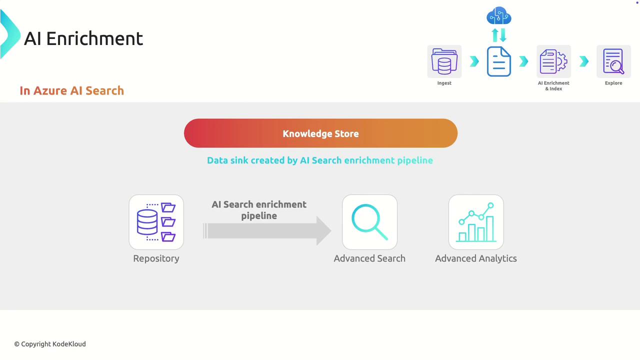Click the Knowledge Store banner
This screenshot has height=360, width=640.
tap(320, 133)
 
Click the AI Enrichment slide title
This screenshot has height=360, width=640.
tap(83, 38)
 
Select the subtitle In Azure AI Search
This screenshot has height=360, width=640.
tap(71, 90)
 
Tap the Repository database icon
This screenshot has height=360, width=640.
tap(156, 222)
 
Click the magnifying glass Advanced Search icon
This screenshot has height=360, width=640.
tap(369, 222)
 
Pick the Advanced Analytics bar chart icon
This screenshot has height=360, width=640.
tap(475, 222)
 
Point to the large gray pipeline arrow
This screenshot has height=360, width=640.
tap(267, 231)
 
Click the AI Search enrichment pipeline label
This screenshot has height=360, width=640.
tap(259, 210)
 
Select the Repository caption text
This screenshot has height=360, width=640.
tap(156, 258)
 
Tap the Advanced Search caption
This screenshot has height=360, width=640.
tap(369, 258)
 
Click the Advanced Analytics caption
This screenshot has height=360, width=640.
tap(475, 258)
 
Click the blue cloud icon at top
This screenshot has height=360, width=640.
tap(498, 16)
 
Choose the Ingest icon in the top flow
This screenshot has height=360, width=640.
tap(444, 61)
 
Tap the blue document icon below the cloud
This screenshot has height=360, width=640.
tap(498, 61)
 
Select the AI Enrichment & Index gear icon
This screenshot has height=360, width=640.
tap(553, 61)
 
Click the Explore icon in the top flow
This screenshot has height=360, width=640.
tap(613, 61)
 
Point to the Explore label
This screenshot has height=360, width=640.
tap(613, 83)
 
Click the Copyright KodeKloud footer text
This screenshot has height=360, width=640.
tap(50, 344)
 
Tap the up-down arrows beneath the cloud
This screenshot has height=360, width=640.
tap(498, 35)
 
